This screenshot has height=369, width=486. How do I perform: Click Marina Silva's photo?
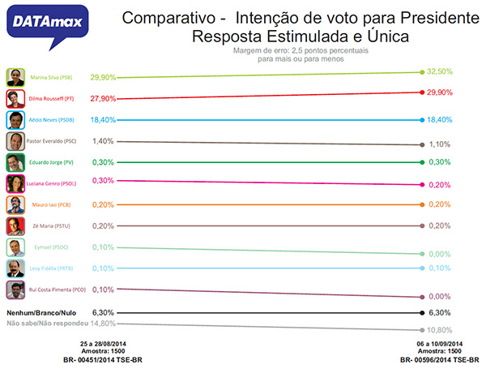[15, 78]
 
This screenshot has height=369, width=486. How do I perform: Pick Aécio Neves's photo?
[15, 120]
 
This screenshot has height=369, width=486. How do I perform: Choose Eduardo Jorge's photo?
[15, 162]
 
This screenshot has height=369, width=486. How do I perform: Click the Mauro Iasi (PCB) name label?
[51, 204]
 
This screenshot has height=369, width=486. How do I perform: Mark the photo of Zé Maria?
[15, 226]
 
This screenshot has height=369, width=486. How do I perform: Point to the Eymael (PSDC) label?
[49, 247]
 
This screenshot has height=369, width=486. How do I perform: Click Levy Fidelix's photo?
[15, 268]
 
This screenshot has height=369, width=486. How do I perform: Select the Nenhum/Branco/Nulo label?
[43, 311]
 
